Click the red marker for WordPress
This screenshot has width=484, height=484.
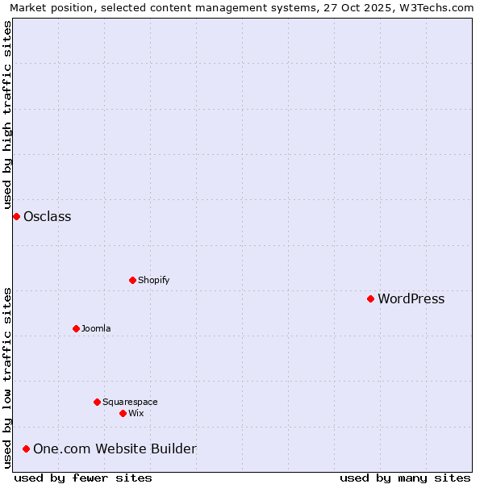point(370,298)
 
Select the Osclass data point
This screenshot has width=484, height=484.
point(16,216)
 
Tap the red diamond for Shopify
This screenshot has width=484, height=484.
point(132,280)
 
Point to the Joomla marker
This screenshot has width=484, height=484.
point(76,328)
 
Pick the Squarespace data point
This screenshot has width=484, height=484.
point(97,402)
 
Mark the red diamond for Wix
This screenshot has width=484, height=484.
point(123,413)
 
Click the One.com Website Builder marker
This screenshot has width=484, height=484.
point(26,449)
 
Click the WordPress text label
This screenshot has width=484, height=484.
point(411,298)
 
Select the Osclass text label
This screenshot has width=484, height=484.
point(47,216)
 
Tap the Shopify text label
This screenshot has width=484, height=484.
point(153,280)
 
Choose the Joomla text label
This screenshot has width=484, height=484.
point(96,328)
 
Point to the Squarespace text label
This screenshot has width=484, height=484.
point(130,402)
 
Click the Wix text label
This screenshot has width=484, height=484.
point(136,413)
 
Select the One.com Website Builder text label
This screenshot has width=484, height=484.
point(115,449)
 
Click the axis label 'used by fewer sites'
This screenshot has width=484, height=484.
point(83,478)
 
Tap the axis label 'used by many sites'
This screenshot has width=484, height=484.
point(405,478)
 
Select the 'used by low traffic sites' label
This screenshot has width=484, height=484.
point(7,378)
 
